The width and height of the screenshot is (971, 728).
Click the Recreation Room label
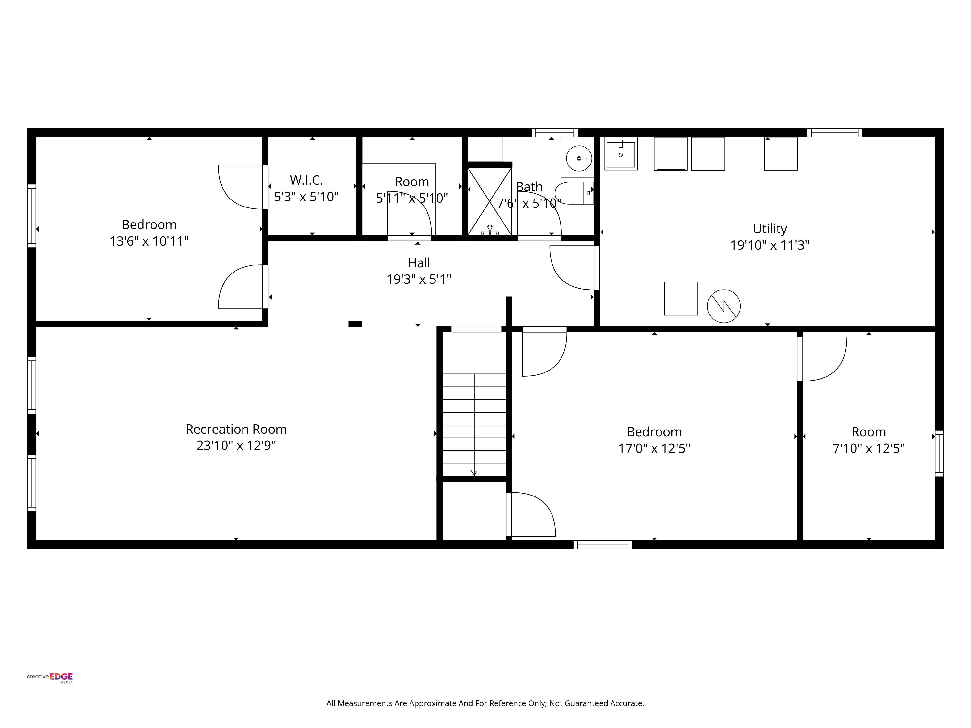tap(236, 429)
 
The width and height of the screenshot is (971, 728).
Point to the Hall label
tap(419, 263)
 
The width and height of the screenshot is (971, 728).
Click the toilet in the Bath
tap(574, 193)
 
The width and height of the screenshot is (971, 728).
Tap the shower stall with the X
tap(489, 201)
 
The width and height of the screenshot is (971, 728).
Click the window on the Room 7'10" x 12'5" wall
tap(939, 453)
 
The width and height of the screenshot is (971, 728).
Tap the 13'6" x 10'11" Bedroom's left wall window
tap(32, 215)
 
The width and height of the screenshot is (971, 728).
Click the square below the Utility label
tap(681, 298)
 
